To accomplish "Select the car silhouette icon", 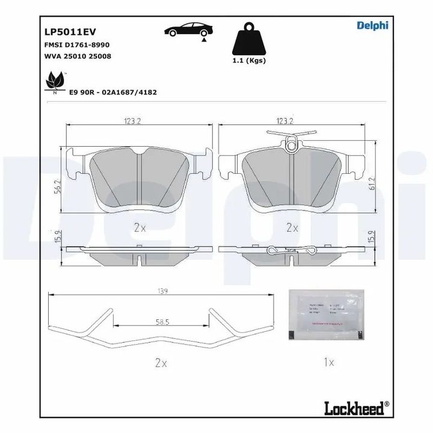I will pyautogui.click(x=186, y=30).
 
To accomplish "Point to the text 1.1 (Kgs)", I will pyautogui.click(x=248, y=60).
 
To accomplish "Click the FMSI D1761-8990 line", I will pyautogui.click(x=76, y=45).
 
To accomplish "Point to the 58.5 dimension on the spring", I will pyautogui.click(x=161, y=322).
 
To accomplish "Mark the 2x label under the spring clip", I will pyautogui.click(x=161, y=363).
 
